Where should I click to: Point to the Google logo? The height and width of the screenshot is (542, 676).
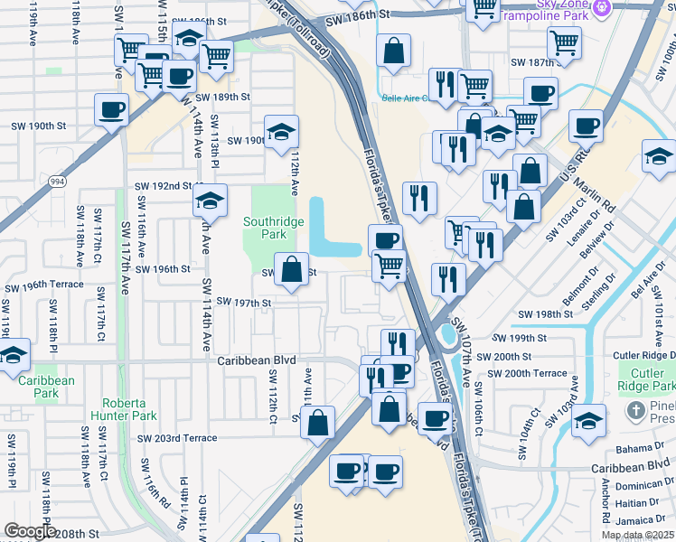(29, 531)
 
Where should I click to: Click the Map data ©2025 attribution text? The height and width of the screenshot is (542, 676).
(637, 535)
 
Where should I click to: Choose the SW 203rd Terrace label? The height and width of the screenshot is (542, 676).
(177, 438)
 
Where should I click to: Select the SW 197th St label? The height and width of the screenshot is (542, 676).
(243, 303)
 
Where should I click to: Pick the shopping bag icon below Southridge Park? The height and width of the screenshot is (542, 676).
(291, 269)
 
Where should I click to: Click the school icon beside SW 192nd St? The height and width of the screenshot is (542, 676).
(210, 199)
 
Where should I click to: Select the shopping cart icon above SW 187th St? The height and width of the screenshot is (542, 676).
(564, 41)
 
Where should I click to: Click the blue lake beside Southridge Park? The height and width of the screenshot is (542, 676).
(324, 228)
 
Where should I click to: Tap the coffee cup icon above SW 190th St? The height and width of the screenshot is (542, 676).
(111, 110)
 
